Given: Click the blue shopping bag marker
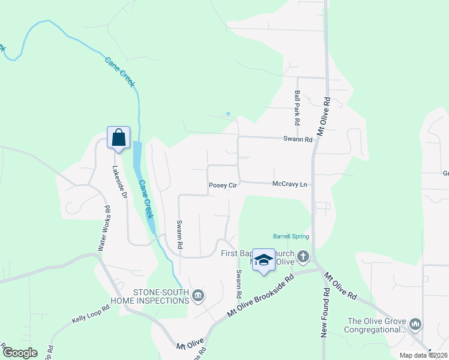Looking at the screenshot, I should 119,137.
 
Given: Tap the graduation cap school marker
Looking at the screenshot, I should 263,259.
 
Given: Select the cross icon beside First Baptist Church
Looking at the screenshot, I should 303,257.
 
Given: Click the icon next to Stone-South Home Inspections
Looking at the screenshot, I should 199,295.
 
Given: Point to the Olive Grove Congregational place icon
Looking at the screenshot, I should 415,325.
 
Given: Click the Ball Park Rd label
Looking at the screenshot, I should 297,103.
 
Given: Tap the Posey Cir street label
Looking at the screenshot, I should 223,186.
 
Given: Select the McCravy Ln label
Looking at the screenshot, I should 289,184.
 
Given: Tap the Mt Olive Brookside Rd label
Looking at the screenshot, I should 261,297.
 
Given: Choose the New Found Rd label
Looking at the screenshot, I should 324,312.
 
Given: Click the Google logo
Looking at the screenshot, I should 19,353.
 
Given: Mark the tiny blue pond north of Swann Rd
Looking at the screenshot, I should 228,113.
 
